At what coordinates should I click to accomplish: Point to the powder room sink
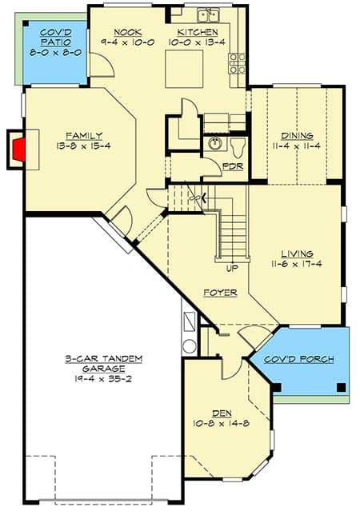click(x=214, y=145)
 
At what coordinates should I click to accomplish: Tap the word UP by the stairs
click(x=232, y=268)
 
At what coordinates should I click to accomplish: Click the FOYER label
click(x=219, y=293)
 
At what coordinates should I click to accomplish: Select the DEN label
click(x=221, y=413)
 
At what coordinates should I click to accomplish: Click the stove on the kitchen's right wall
click(x=237, y=63)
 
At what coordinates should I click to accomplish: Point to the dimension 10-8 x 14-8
click(x=221, y=423)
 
